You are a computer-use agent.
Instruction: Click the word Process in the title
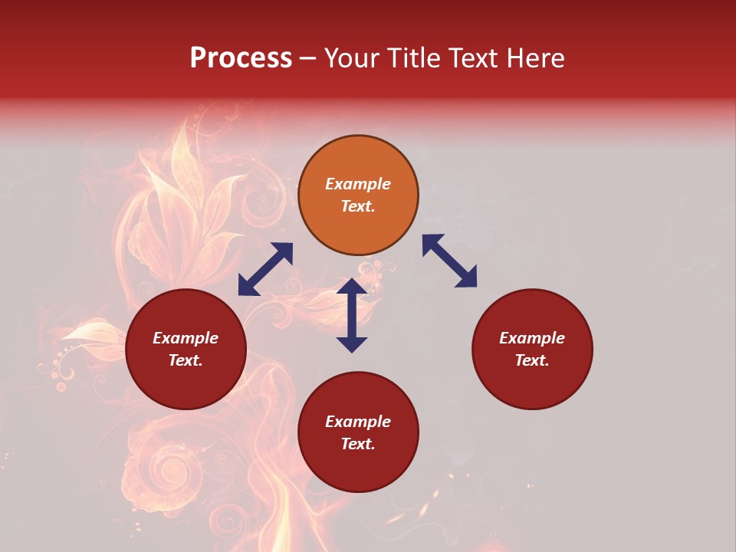[241, 58]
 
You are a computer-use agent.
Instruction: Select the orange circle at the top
[358, 195]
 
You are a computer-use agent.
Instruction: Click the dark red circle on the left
[186, 349]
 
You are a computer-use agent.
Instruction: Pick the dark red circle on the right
[532, 349]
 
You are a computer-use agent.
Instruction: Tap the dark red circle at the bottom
[358, 432]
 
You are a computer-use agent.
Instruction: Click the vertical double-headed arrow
[352, 315]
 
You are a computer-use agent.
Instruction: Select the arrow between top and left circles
[265, 269]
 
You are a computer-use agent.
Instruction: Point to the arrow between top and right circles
[449, 261]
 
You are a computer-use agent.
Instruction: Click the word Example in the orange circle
[358, 184]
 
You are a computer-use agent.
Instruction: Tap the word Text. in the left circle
[186, 360]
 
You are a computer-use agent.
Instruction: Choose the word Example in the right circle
[532, 338]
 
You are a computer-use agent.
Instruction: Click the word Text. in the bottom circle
[358, 444]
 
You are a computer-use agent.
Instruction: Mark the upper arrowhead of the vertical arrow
[352, 287]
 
